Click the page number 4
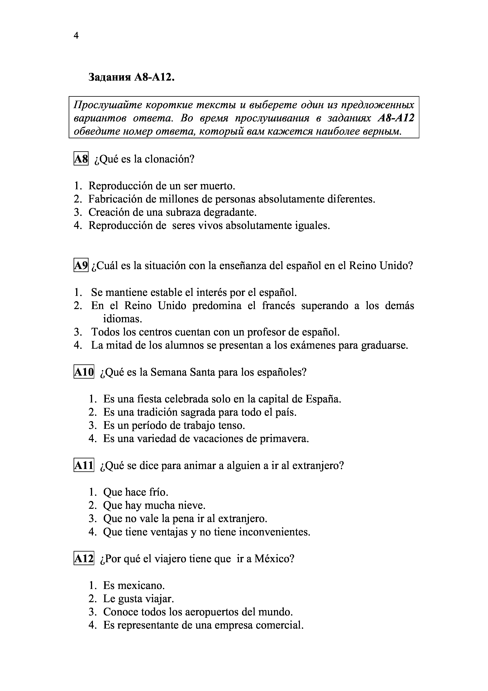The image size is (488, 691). [x=76, y=36]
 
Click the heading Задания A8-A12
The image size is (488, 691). [x=131, y=77]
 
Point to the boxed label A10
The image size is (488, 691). [x=84, y=372]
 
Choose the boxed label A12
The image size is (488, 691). [x=84, y=559]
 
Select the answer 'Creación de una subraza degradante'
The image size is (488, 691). [x=173, y=212]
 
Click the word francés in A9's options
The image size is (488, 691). [x=278, y=306]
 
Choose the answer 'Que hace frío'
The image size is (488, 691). [x=136, y=492]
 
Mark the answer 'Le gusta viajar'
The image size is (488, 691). [x=138, y=599]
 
